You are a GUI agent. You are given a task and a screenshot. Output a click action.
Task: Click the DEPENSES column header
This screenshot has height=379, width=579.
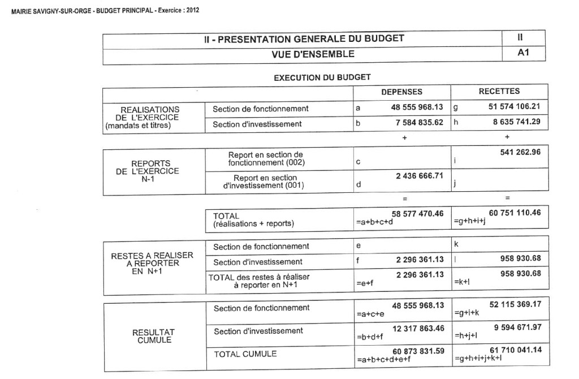tap(401, 92)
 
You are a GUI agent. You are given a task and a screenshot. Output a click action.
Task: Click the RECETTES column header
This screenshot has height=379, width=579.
tap(499, 91)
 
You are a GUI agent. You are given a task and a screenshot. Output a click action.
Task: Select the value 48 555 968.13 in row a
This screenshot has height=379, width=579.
tap(417, 106)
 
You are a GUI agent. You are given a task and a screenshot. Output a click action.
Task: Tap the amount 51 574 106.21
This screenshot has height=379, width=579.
tap(514, 106)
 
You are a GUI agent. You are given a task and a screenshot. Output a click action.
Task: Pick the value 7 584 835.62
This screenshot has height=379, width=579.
tap(420, 122)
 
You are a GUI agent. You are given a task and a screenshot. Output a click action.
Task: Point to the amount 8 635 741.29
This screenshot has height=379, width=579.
tap(516, 122)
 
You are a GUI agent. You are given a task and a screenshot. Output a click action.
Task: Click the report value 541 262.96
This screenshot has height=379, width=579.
tap(520, 152)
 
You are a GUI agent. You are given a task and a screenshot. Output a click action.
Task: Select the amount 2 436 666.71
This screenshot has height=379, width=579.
tap(420, 176)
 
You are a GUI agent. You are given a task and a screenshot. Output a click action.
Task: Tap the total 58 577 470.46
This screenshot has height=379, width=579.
tap(417, 213)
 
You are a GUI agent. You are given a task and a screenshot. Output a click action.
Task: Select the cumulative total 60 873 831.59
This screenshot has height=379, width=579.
tap(417, 351)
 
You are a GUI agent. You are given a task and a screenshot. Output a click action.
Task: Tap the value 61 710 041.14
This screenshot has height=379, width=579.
tap(514, 350)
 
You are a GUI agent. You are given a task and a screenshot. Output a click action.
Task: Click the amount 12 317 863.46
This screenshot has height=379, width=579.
tap(417, 329)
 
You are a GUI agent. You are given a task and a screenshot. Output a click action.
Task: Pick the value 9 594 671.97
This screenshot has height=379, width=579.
tap(516, 328)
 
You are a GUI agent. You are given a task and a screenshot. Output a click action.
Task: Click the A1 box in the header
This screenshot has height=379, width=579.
tap(523, 54)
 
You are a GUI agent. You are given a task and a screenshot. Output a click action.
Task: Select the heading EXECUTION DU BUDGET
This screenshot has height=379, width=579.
tap(322, 77)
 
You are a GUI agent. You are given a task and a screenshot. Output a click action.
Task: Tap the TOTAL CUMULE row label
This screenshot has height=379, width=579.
tap(245, 354)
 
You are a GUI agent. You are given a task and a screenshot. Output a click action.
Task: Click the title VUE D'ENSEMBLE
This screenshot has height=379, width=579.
tap(313, 54)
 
